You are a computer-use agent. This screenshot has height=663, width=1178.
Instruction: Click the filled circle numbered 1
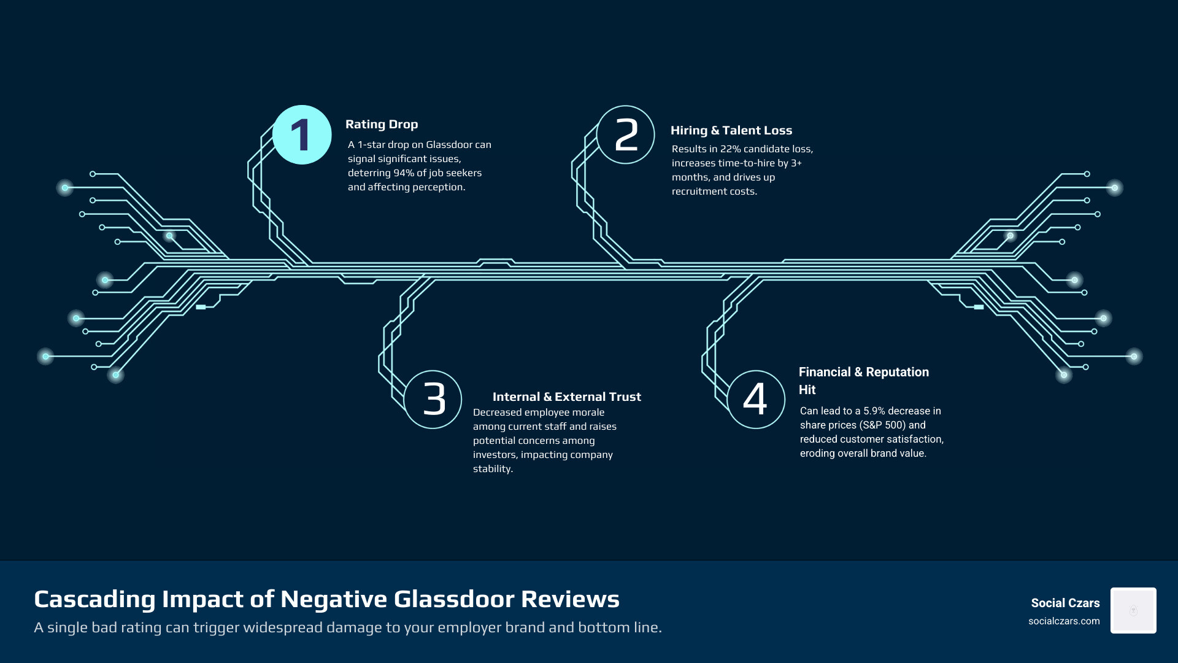[x=301, y=135]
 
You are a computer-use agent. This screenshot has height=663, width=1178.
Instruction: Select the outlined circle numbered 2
[x=625, y=135]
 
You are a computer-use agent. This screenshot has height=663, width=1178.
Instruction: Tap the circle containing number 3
[x=433, y=399]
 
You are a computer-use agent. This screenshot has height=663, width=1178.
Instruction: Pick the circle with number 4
[x=755, y=399]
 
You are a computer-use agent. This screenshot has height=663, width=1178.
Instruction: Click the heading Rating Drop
[x=382, y=125]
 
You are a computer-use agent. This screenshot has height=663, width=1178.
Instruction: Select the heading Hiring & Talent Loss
[x=731, y=131]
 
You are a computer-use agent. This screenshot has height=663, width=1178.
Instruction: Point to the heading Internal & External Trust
[x=566, y=397]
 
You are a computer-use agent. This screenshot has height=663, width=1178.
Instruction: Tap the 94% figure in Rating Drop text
[x=404, y=173]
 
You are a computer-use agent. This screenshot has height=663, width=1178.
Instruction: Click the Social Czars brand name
[x=1065, y=603]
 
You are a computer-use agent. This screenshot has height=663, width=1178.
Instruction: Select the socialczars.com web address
[x=1064, y=621]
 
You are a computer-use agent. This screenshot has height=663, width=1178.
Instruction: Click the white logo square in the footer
[x=1133, y=610]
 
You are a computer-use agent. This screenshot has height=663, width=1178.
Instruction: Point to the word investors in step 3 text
[x=495, y=455]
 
